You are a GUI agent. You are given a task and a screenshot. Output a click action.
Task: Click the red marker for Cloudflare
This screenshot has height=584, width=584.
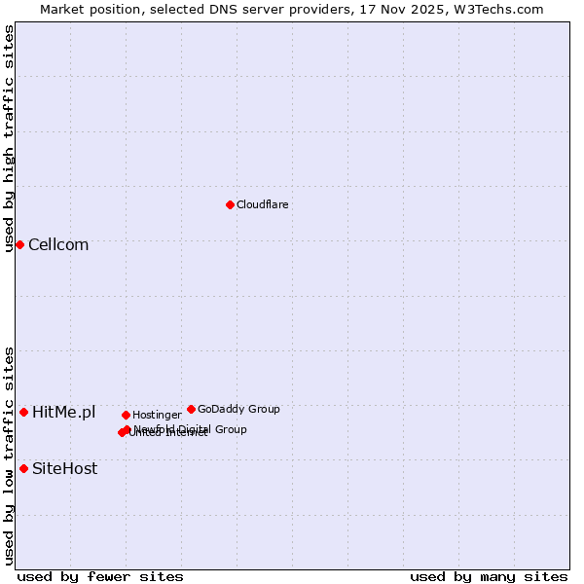point(230,204)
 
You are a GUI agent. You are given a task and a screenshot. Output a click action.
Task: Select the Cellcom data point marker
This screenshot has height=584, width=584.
point(19,244)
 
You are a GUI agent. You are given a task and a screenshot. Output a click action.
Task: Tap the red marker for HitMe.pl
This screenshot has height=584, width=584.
point(23,412)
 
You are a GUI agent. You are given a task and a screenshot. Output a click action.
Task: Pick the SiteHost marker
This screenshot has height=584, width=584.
point(23,468)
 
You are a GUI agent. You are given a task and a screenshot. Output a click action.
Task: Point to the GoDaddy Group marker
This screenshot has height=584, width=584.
point(191,409)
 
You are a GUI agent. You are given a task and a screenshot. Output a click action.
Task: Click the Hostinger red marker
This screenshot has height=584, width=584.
point(126,415)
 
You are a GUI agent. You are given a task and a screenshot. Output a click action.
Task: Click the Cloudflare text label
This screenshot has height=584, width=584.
point(263,204)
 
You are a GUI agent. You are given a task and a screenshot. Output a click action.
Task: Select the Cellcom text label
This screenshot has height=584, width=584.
point(58,245)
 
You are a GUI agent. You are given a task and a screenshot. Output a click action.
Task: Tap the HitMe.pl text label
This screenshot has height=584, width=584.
point(64,413)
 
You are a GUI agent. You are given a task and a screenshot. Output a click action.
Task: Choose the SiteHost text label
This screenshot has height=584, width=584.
point(64,469)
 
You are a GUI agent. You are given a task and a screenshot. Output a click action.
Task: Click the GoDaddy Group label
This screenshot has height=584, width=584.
point(238,409)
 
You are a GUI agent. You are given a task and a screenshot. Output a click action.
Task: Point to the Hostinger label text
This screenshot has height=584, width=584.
point(157,415)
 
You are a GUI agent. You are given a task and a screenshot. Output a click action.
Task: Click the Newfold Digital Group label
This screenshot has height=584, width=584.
point(191,428)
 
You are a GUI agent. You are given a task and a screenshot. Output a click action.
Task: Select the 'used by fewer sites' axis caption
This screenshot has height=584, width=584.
point(100,576)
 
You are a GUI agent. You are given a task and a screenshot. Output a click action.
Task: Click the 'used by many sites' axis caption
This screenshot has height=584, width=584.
point(489,576)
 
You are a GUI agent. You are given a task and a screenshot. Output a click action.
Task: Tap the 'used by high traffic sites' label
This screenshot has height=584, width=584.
point(9,138)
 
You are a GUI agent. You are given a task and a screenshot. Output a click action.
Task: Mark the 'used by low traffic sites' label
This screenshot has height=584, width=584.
point(9,456)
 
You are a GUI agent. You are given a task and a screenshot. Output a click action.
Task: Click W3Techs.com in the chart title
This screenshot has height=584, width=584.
point(502,9)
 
